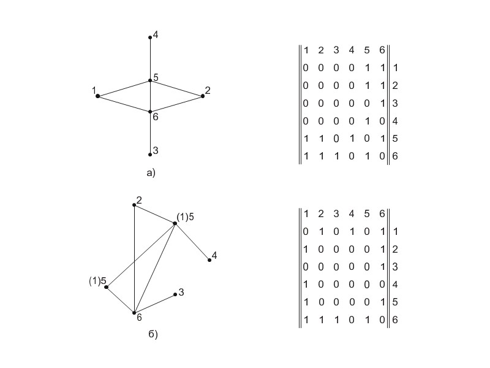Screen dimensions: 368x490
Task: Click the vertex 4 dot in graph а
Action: [x=150, y=37]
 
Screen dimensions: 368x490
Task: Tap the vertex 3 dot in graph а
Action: [x=150, y=154]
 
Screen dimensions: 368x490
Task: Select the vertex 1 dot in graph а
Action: [x=98, y=96]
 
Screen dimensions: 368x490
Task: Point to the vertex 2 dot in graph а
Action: [x=202, y=96]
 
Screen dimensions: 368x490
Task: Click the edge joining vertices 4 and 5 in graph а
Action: [x=150, y=59]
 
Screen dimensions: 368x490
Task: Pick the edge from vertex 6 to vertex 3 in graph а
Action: [x=150, y=133]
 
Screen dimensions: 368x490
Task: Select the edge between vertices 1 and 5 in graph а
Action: [x=124, y=88]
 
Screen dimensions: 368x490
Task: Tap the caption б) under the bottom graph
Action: [x=153, y=334]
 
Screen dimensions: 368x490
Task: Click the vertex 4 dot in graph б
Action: [x=209, y=260]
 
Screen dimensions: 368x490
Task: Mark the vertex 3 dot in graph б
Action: [x=175, y=294]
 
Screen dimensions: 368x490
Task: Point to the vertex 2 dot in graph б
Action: [x=134, y=204]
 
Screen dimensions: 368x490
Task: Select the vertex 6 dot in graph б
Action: [x=134, y=313]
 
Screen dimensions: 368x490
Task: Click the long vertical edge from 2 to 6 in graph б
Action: [x=134, y=258]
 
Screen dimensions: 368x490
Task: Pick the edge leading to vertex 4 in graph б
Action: [x=192, y=242]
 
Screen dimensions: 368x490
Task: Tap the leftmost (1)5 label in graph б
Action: [x=97, y=282]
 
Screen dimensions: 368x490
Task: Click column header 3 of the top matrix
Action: [x=336, y=50]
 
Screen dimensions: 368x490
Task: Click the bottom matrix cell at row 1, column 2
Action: [x=320, y=231]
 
